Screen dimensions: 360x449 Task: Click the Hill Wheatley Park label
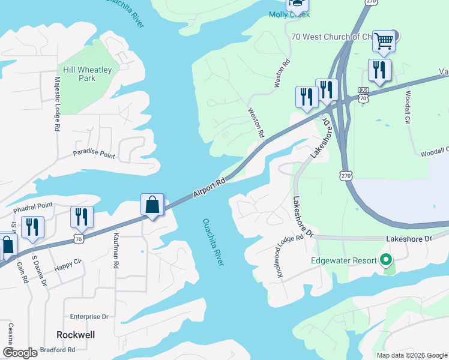(x=86, y=74)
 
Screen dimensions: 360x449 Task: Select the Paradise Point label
(x=94, y=154)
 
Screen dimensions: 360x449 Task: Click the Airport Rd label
(x=209, y=188)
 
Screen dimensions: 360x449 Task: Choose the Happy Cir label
(x=68, y=264)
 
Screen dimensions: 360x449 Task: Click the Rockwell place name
(x=76, y=334)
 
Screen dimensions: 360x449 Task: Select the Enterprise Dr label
(x=89, y=316)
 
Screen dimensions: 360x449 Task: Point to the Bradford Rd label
(x=58, y=350)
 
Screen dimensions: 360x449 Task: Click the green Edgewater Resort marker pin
(x=387, y=260)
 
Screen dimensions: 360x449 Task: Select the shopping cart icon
(x=383, y=41)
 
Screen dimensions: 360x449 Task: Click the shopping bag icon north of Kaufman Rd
(x=152, y=205)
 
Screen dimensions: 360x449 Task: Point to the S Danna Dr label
(x=38, y=272)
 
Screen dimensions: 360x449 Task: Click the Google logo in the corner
(x=20, y=352)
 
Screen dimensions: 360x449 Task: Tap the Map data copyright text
(x=412, y=355)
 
